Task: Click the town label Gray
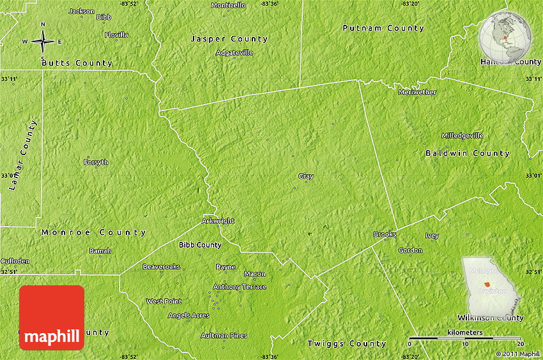(x=305, y=176)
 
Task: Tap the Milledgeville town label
(x=463, y=136)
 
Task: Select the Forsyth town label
(x=96, y=162)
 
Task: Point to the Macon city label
(x=254, y=274)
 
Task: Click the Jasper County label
(x=229, y=39)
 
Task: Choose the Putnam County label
(x=383, y=28)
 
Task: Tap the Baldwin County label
(x=468, y=153)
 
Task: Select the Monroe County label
(x=94, y=233)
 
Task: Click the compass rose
(x=43, y=41)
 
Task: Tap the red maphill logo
(x=52, y=318)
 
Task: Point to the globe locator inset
(x=505, y=38)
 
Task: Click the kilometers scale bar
(x=464, y=338)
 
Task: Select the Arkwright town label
(x=218, y=221)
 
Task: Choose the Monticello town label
(x=228, y=5)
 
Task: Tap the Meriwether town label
(x=417, y=93)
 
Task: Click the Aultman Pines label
(x=224, y=336)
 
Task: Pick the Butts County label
(x=77, y=63)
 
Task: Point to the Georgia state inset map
(x=490, y=286)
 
